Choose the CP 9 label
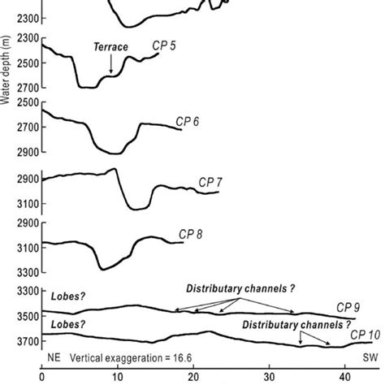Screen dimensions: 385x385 349,309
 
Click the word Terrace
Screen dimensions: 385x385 110,48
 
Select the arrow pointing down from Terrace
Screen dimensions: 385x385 110,66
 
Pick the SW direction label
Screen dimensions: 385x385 368,357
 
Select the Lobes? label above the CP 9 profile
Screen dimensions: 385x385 67,297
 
